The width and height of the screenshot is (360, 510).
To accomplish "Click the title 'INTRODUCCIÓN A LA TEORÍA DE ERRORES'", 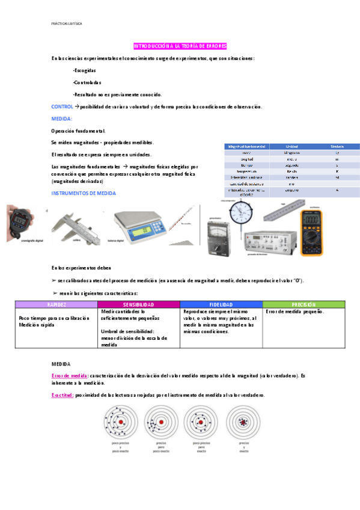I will [x=180, y=46].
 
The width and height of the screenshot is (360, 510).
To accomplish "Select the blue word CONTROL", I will [x=63, y=106].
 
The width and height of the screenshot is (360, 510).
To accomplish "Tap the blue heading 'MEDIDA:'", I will [x=62, y=118].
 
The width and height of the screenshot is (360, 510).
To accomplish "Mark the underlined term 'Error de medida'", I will [x=71, y=375].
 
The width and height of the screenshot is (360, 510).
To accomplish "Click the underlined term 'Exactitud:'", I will [x=63, y=395].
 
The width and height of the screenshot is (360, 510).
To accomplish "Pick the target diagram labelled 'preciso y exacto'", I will [x=243, y=423].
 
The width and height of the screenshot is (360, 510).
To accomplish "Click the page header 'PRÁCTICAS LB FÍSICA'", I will [x=67, y=23].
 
